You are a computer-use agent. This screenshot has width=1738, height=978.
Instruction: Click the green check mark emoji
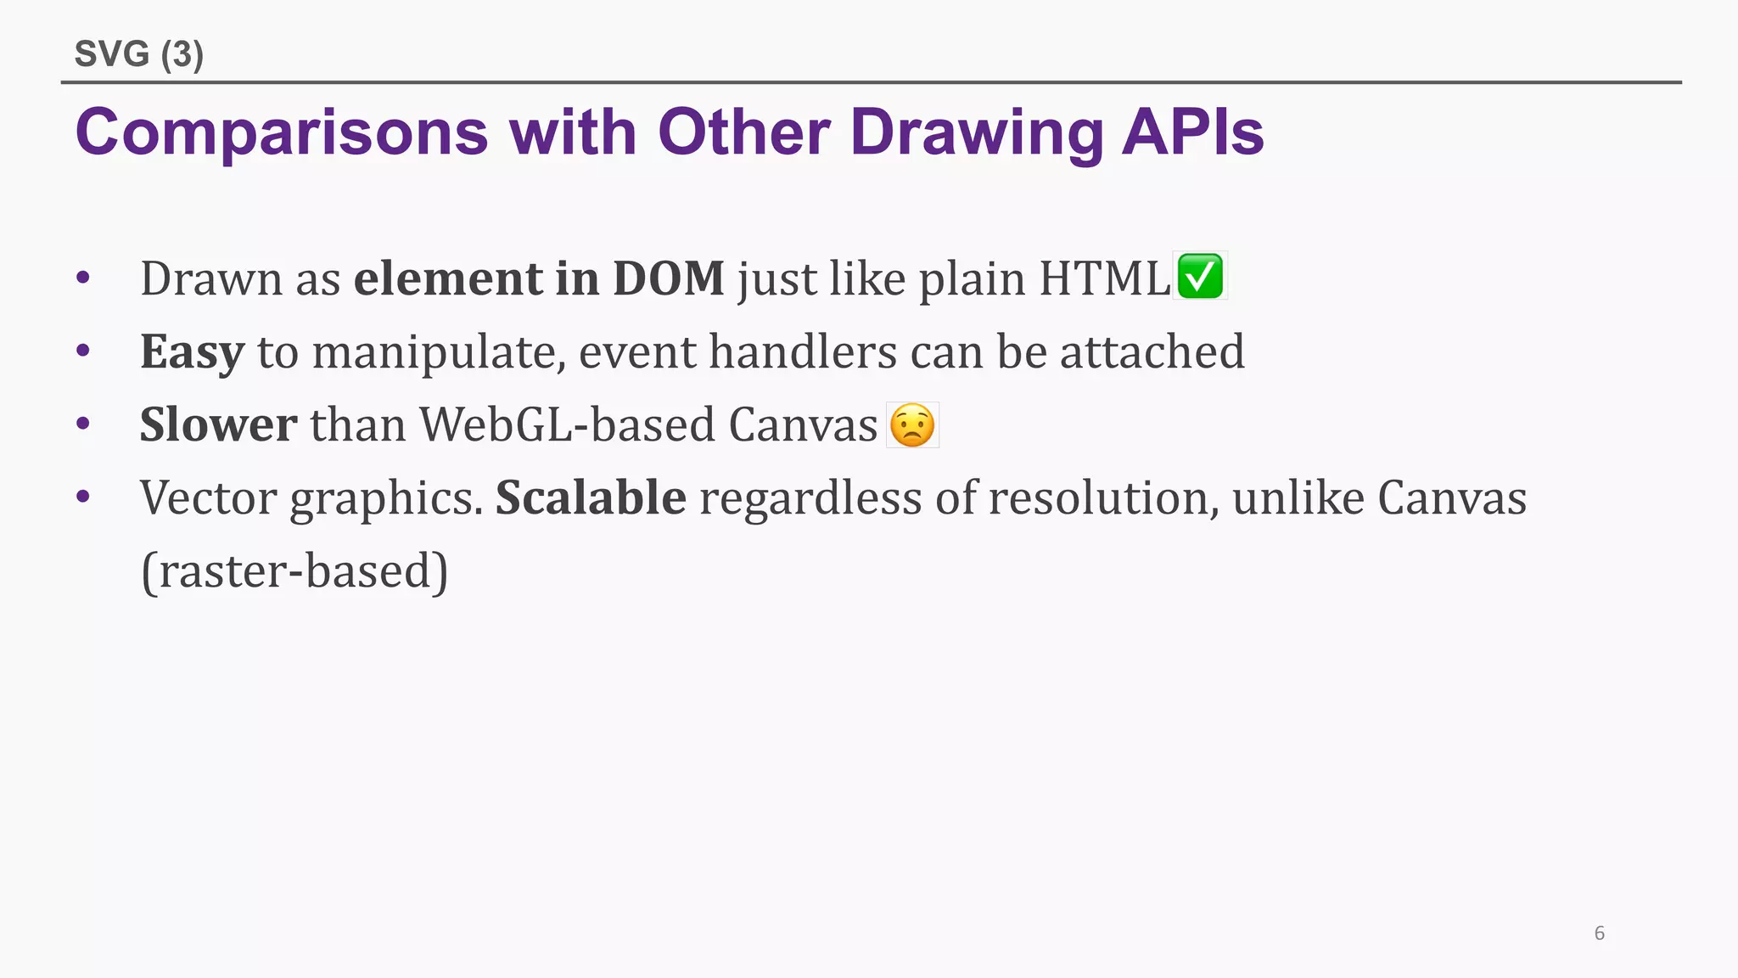(1200, 277)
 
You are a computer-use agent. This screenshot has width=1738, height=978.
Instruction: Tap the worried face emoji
(912, 424)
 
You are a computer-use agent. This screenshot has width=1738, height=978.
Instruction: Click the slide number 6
(1600, 933)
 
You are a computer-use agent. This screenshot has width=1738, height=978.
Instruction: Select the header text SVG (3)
(139, 54)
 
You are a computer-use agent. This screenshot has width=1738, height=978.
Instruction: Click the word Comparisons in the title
(282, 132)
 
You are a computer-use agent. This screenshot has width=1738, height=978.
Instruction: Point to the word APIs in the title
(1192, 132)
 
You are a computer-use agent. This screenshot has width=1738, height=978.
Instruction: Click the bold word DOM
(669, 278)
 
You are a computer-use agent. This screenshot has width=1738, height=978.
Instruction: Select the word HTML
(1105, 278)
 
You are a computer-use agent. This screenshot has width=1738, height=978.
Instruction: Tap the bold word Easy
(193, 351)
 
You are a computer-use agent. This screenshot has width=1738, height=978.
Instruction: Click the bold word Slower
(219, 424)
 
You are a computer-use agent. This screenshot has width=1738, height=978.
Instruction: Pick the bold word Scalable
(591, 497)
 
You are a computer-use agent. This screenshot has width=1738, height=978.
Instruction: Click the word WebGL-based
(567, 424)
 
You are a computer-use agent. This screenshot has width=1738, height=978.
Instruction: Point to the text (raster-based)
(294, 570)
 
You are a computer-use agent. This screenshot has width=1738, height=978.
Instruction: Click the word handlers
(803, 351)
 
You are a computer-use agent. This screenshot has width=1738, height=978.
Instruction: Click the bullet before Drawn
(82, 278)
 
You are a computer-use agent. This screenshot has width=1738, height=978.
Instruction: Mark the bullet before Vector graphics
(82, 497)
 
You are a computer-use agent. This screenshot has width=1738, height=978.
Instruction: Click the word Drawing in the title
(977, 132)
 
